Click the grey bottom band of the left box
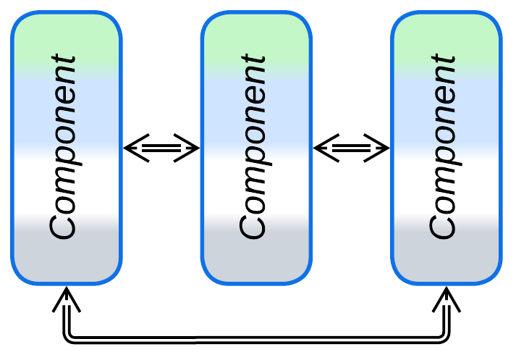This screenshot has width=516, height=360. pos(66,254)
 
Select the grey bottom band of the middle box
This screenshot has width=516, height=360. pos(256,254)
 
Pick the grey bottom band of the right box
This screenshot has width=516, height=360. pos(447,254)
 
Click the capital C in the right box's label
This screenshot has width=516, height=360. pos(443,225)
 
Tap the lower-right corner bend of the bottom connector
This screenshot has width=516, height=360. pos(447,338)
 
